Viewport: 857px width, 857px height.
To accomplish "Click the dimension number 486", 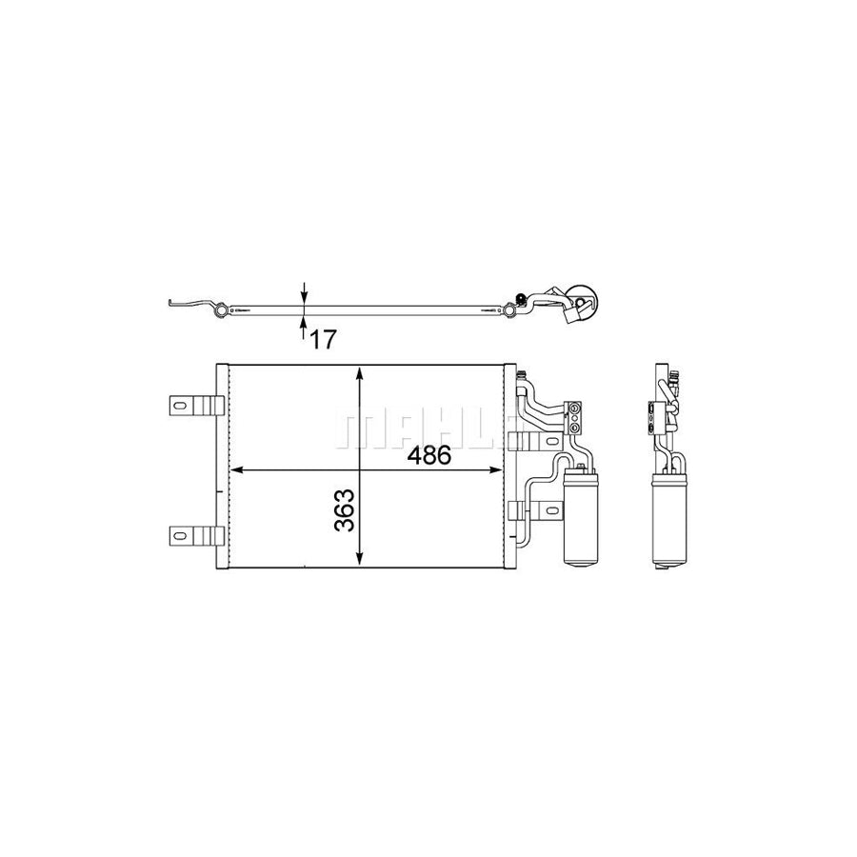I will point(428,454).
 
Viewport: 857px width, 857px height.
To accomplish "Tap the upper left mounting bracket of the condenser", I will point(195,406).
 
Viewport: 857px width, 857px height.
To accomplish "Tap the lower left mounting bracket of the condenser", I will point(195,535).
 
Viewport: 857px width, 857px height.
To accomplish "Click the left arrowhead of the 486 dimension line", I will point(238,470).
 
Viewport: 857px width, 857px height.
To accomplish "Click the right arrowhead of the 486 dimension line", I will point(497,470).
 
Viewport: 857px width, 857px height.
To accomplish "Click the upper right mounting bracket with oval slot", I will point(523,440).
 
